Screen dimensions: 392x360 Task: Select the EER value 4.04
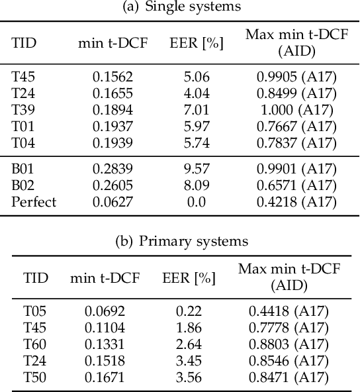pyautogui.click(x=197, y=93)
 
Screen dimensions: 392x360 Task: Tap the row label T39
pyautogui.click(x=24, y=110)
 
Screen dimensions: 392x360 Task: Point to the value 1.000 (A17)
pyautogui.click(x=295, y=110)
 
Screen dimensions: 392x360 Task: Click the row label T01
pyautogui.click(x=24, y=126)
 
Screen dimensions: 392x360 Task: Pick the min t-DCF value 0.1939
pyautogui.click(x=112, y=143)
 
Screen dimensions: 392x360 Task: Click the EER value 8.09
pyautogui.click(x=197, y=185)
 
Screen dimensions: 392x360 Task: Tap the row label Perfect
pyautogui.click(x=34, y=202)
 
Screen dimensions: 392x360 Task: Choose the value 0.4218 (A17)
pyautogui.click(x=295, y=202)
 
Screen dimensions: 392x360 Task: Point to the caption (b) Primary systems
pyautogui.click(x=182, y=241)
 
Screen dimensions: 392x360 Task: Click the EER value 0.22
pyautogui.click(x=189, y=311)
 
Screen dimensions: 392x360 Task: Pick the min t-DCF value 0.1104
pyautogui.click(x=105, y=327)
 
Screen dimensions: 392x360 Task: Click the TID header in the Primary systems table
pyautogui.click(x=36, y=278)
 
